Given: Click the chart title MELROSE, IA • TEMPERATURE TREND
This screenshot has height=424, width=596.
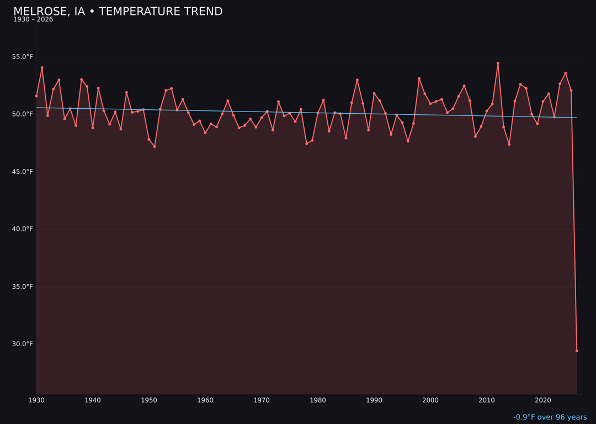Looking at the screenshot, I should tap(118, 12).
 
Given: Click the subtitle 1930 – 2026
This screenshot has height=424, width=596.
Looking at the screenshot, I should tap(33, 20).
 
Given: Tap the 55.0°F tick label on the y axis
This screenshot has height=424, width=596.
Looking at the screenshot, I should tap(22, 57).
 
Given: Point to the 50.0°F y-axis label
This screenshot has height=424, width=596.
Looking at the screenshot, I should tap(22, 114).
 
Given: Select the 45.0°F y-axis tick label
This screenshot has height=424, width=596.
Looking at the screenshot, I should tap(22, 172).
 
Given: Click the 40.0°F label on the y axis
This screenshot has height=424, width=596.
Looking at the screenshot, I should tap(22, 229).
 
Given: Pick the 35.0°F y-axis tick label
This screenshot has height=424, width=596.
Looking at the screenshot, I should tap(22, 287).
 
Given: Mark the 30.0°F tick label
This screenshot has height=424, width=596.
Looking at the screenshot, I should tap(22, 344).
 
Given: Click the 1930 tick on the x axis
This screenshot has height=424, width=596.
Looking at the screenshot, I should tap(36, 400).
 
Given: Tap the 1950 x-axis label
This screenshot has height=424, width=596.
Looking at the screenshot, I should tap(149, 400).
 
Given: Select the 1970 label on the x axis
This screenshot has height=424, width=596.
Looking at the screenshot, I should tap(262, 400).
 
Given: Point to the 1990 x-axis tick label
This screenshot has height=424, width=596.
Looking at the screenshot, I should tap(374, 400).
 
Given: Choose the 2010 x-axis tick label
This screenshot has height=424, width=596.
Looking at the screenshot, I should tap(487, 400).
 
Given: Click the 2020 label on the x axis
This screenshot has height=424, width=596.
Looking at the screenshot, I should tap(543, 400).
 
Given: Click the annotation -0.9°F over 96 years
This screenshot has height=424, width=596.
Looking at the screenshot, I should tap(550, 417).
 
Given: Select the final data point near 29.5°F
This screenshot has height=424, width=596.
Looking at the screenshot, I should tap(577, 351).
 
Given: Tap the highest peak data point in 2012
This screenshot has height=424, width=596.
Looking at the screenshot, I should tap(498, 63).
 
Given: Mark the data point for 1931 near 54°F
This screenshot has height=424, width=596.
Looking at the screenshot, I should tap(42, 68).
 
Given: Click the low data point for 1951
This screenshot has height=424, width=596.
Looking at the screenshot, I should tap(155, 147).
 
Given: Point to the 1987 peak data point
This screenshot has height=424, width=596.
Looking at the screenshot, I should tap(357, 80).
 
